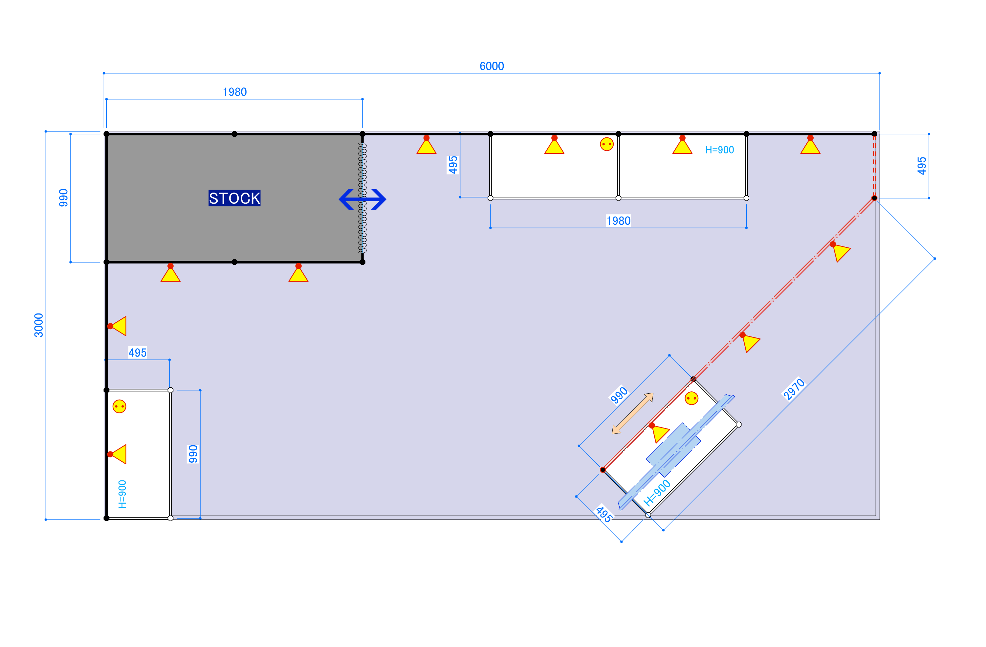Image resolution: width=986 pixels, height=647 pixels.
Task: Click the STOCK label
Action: tap(234, 198)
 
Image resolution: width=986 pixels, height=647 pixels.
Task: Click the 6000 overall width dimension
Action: tap(492, 66)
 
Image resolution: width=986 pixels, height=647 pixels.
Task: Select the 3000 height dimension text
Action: tap(38, 325)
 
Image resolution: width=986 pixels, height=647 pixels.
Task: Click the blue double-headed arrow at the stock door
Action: tap(362, 199)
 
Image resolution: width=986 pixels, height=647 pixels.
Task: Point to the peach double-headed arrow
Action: tap(633, 413)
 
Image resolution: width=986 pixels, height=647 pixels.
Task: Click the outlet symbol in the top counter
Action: tap(606, 144)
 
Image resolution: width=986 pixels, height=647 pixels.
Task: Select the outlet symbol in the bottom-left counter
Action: tap(119, 406)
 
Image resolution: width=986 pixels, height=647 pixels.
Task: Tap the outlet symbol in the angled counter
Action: tap(691, 398)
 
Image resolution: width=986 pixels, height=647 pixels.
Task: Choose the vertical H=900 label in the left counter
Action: tap(122, 494)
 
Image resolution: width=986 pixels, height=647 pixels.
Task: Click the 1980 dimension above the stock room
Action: tap(234, 92)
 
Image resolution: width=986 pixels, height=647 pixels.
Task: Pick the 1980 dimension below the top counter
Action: tap(618, 221)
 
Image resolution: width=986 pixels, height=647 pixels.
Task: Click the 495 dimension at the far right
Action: tap(921, 166)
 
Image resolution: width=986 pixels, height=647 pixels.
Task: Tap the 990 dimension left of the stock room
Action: tap(63, 198)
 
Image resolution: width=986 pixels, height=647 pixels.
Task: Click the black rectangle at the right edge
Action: tap(972, 157)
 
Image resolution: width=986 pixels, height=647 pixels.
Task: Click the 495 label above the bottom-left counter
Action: tap(138, 353)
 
